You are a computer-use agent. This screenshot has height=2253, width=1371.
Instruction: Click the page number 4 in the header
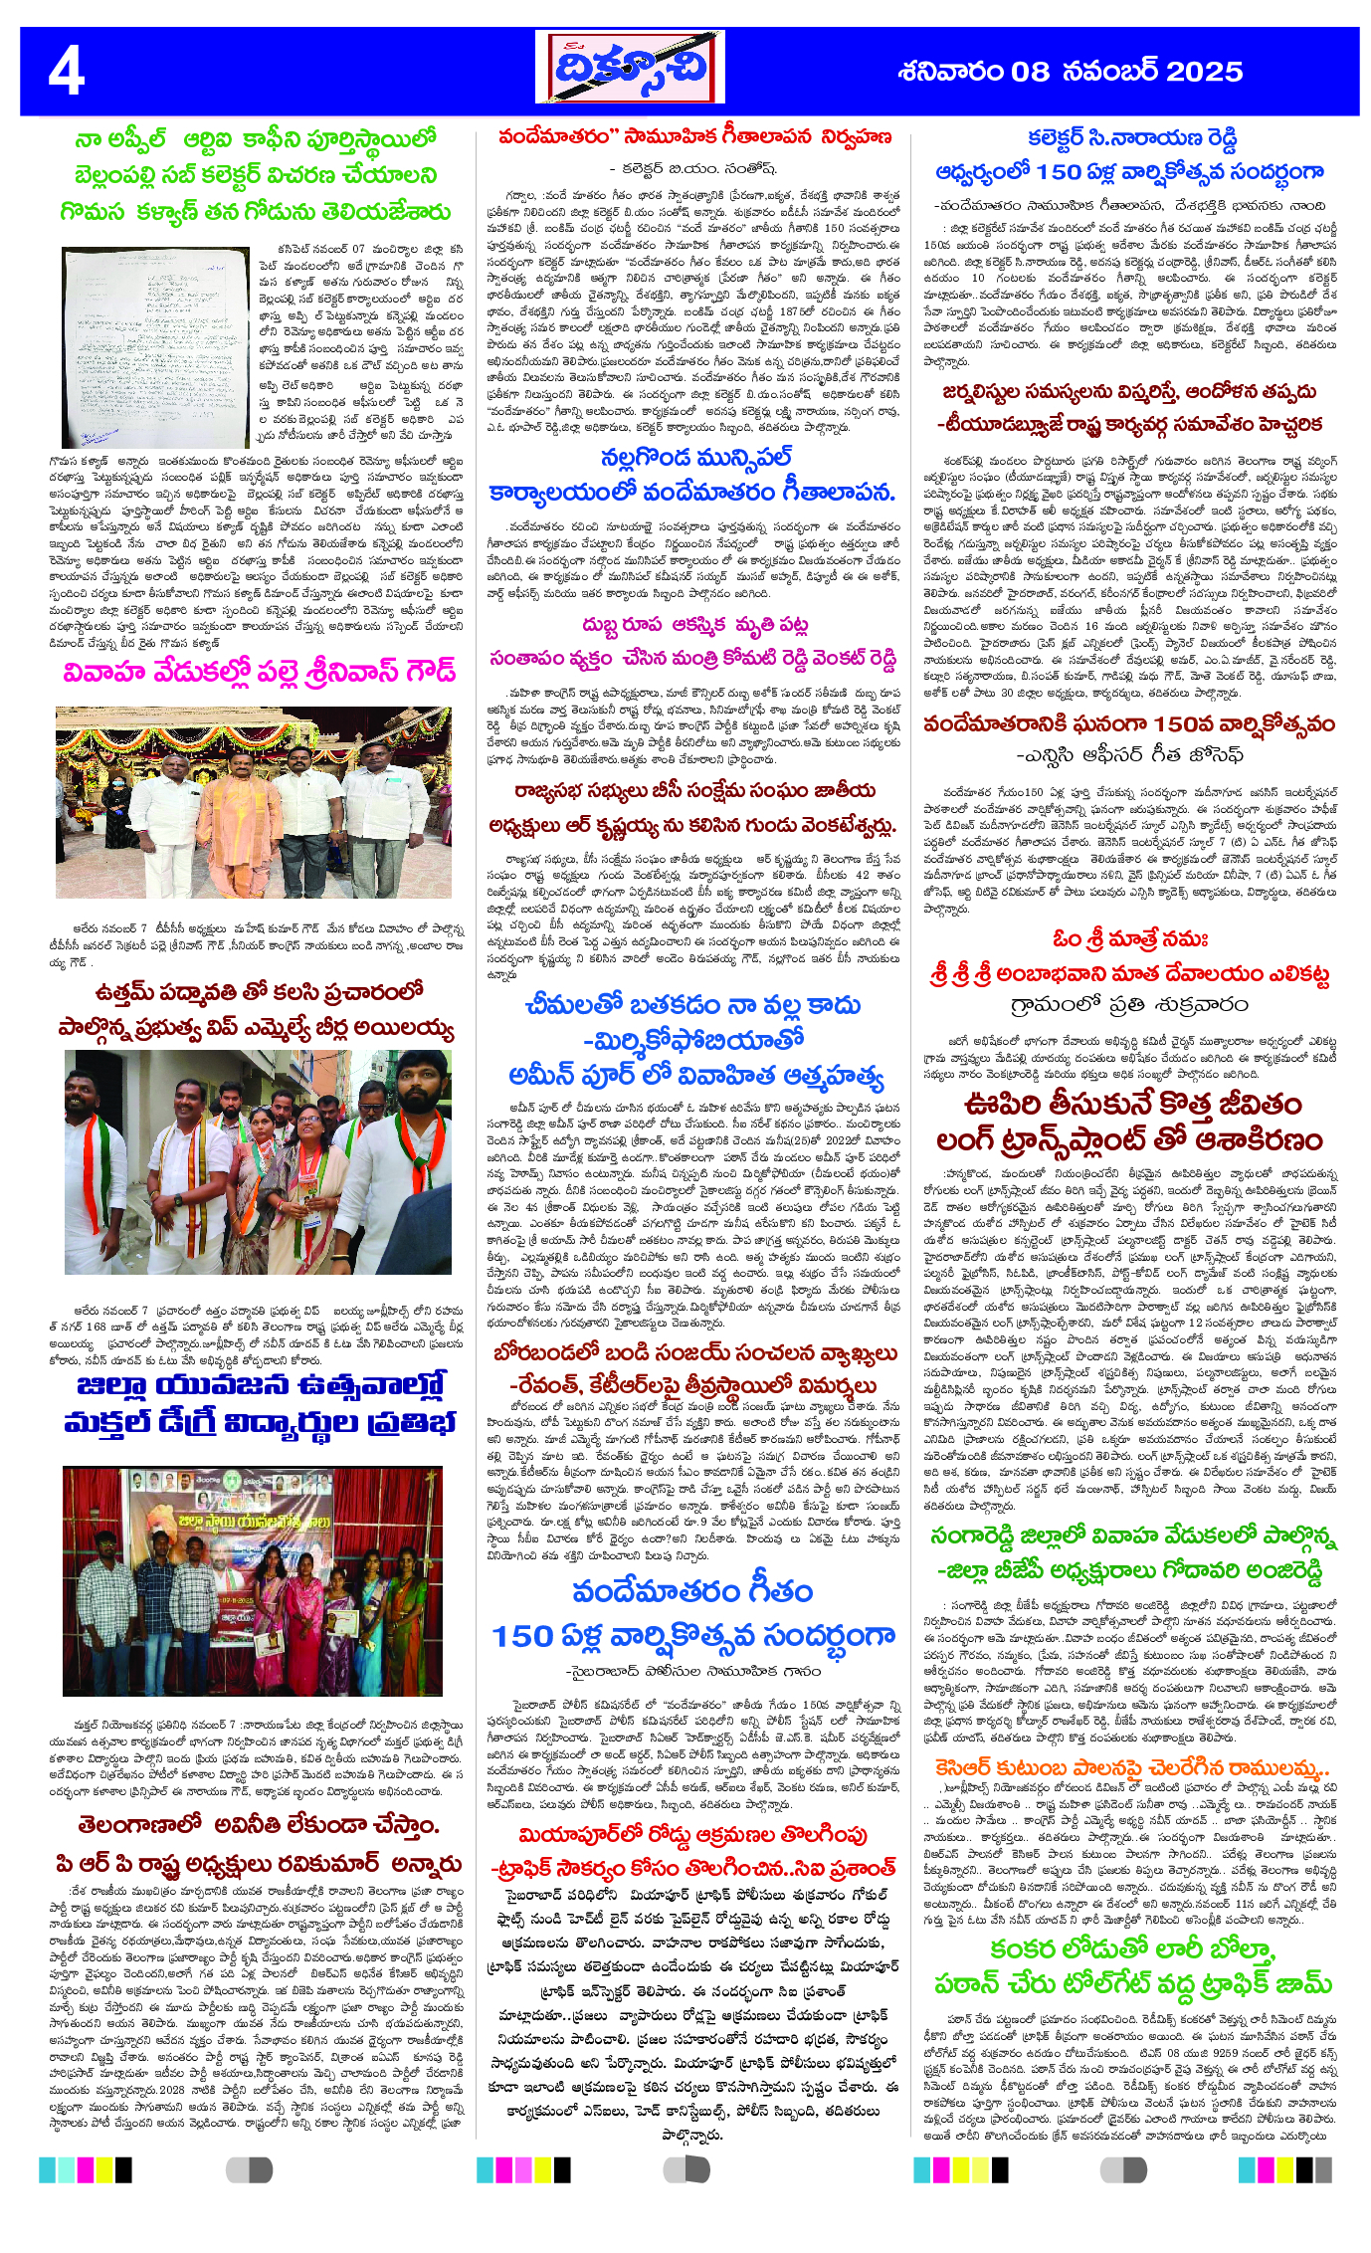(x=67, y=72)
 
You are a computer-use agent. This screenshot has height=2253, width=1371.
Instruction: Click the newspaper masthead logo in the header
(x=629, y=68)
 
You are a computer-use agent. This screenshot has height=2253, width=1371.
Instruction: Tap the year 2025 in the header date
(x=1204, y=72)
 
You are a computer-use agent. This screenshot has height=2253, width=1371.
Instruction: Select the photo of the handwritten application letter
(x=154, y=348)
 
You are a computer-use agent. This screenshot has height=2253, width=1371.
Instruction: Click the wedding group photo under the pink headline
(x=254, y=802)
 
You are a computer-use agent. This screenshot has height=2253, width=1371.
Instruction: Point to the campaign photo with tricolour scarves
(x=257, y=1161)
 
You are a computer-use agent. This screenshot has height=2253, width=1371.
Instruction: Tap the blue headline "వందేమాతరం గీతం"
(x=692, y=1591)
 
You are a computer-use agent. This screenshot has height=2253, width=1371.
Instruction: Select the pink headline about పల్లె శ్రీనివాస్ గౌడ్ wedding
(x=259, y=671)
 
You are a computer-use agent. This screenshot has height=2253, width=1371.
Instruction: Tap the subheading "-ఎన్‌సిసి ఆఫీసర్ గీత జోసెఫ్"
(x=1129, y=755)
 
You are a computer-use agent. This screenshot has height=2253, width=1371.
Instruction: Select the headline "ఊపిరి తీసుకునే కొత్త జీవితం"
(x=1131, y=1104)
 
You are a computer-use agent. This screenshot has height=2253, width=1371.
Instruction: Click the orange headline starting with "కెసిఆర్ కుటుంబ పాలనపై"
(x=1131, y=1767)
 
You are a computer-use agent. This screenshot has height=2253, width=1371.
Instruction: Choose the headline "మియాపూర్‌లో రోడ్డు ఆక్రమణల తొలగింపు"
(x=692, y=1834)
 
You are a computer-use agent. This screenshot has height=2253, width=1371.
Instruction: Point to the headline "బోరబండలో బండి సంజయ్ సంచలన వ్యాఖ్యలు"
(x=694, y=1352)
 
